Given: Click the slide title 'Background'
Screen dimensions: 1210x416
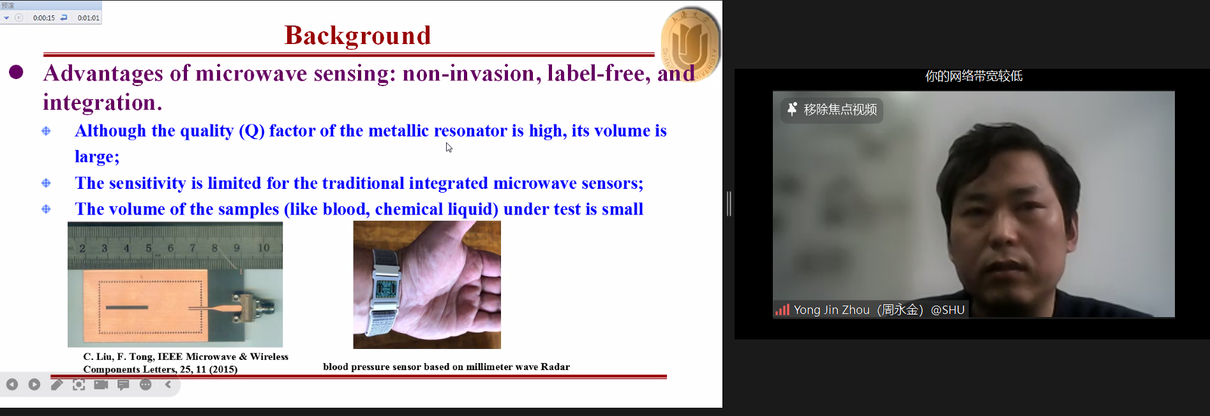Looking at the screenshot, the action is click(357, 36).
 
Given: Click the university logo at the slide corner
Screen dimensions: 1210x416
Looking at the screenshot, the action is click(691, 43).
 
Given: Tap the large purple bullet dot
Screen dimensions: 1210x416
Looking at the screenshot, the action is click(16, 72).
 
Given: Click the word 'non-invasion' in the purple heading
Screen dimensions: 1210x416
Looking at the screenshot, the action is click(468, 73).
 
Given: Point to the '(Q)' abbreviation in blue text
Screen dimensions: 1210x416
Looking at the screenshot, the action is click(251, 131).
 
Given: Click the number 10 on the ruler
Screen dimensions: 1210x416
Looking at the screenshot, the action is click(264, 248).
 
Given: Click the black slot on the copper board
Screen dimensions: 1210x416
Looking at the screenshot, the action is click(126, 308).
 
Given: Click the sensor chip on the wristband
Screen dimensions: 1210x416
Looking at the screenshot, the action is click(386, 288).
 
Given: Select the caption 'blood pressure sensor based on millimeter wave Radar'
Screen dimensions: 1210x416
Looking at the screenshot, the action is click(446, 367).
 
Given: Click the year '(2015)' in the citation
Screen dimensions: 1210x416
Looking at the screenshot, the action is click(223, 369).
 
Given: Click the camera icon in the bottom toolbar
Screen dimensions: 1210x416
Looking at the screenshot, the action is click(101, 385).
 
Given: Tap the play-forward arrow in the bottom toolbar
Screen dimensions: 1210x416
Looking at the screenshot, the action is click(34, 385).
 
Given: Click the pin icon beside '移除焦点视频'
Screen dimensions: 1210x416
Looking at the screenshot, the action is click(792, 109).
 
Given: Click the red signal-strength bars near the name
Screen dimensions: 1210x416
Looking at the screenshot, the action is click(782, 310).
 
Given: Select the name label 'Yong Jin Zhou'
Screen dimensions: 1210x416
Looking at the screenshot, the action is click(832, 310).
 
